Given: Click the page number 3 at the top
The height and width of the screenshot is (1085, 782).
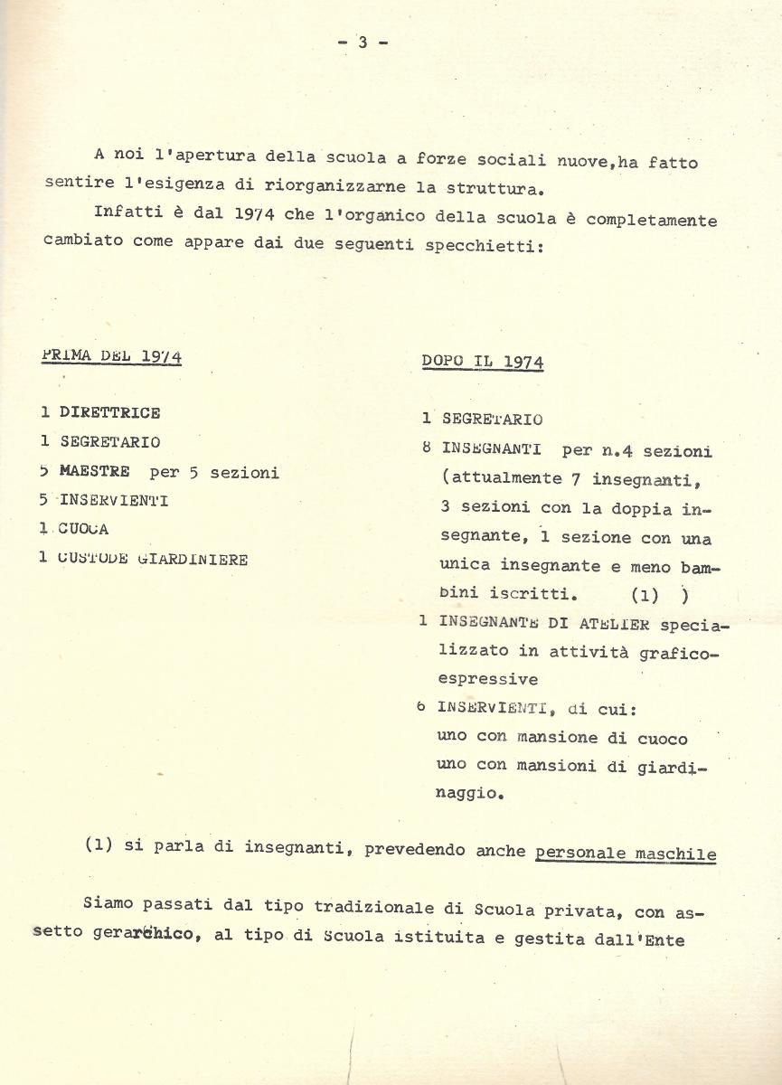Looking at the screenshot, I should (362, 42).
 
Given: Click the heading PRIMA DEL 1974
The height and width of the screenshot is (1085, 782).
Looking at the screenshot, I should (112, 356).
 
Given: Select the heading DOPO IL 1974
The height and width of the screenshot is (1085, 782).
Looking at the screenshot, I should (482, 363).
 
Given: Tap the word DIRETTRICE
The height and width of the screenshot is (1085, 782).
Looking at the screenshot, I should (110, 413).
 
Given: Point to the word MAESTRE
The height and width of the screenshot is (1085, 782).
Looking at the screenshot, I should (95, 472).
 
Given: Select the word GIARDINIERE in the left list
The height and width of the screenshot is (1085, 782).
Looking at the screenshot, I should (193, 559).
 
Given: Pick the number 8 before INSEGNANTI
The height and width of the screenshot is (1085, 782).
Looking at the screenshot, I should (426, 449).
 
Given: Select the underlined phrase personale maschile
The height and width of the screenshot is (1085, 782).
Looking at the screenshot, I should (626, 853).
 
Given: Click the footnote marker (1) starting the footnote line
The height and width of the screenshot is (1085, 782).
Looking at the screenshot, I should (99, 846).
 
